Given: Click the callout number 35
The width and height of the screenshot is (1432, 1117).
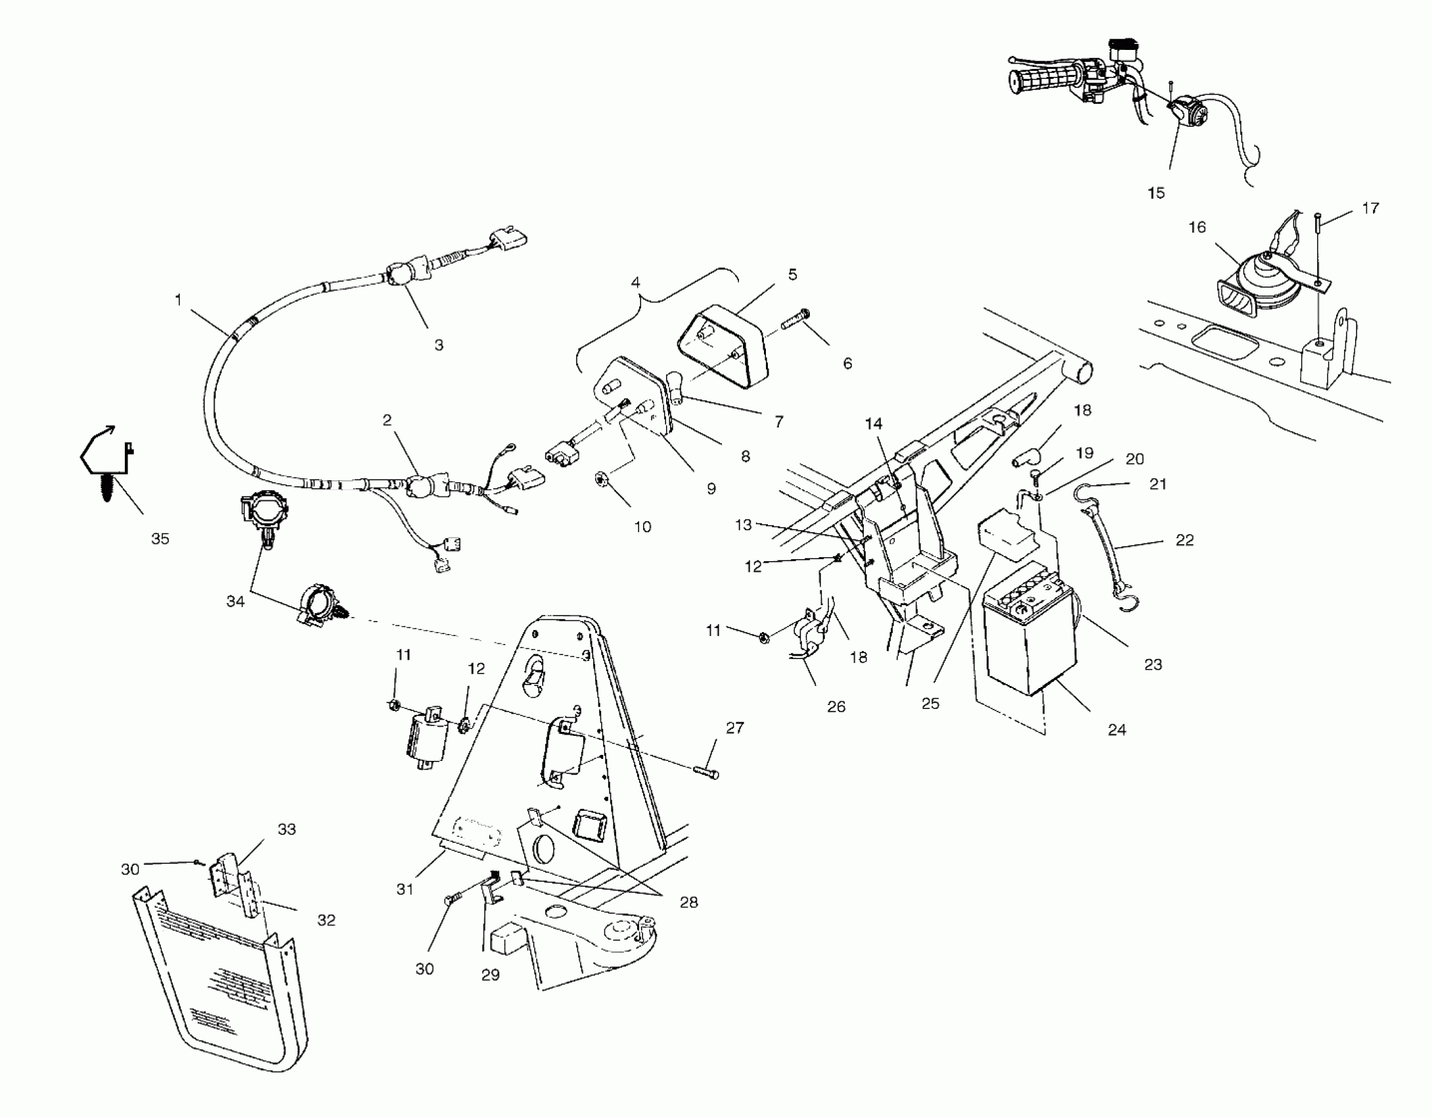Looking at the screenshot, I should coord(160,539).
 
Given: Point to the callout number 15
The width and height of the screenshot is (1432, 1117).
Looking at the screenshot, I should coord(1156,193).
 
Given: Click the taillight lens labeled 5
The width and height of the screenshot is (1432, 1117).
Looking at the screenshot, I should coord(721,347).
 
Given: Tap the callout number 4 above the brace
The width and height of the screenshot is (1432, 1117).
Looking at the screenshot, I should coord(635,283).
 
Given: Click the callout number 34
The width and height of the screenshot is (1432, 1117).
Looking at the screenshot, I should coord(235,601).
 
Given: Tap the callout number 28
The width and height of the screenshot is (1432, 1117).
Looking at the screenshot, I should coord(688,902).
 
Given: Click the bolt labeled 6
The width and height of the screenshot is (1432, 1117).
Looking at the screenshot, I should coord(795,321).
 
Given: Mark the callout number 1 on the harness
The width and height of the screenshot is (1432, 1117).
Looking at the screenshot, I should coord(178,300).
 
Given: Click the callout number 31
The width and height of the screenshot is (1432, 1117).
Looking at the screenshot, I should coord(405,889).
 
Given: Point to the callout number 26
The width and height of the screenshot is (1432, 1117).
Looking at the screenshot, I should coord(836,707).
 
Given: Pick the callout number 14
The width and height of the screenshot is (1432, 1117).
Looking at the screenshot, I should coord(874,424).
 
